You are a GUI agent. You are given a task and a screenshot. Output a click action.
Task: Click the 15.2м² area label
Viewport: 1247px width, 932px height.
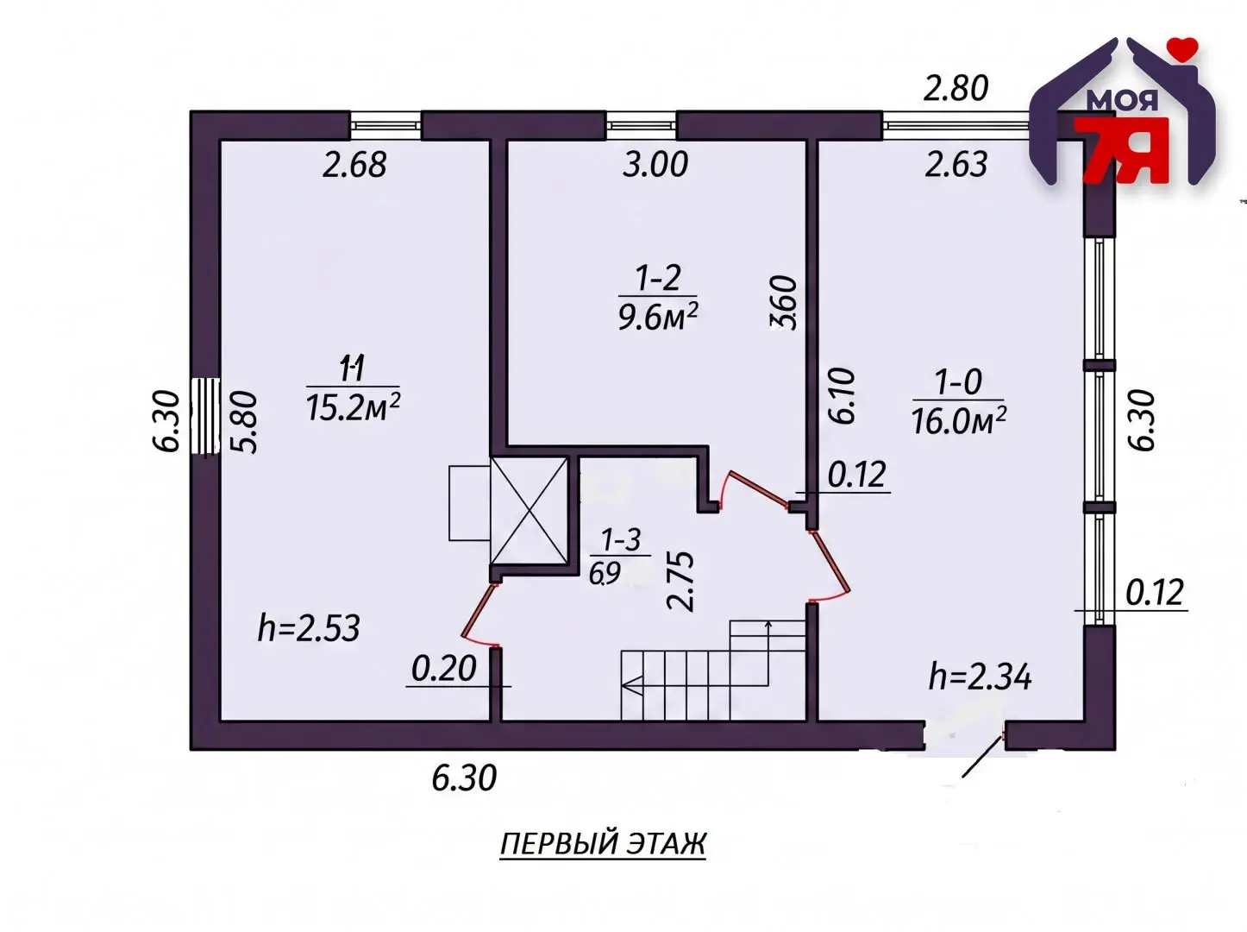(353, 406)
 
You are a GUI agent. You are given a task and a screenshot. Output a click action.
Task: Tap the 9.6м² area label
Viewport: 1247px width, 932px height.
(657, 316)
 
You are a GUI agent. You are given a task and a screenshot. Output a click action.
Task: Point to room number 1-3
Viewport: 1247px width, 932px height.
(621, 539)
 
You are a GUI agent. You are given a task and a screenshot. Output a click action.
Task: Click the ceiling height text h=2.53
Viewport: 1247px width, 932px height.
(309, 628)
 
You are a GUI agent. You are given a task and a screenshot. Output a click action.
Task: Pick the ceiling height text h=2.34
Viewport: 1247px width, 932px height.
(980, 677)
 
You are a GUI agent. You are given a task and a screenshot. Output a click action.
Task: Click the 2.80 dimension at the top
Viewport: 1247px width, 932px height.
(956, 89)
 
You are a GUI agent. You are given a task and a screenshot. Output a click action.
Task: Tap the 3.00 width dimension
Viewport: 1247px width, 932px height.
(655, 164)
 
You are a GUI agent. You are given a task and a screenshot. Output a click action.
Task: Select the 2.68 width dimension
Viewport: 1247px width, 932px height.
(354, 164)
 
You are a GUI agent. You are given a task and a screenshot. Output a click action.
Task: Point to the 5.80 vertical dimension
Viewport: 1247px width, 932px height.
(244, 422)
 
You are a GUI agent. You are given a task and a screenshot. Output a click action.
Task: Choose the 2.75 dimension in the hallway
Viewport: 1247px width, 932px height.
(680, 581)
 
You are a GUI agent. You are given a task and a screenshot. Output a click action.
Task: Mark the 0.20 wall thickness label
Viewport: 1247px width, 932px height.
(443, 668)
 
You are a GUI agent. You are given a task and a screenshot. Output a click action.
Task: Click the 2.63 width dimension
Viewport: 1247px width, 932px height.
(956, 164)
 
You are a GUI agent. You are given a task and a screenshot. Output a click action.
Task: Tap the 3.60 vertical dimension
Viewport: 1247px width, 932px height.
(784, 302)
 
